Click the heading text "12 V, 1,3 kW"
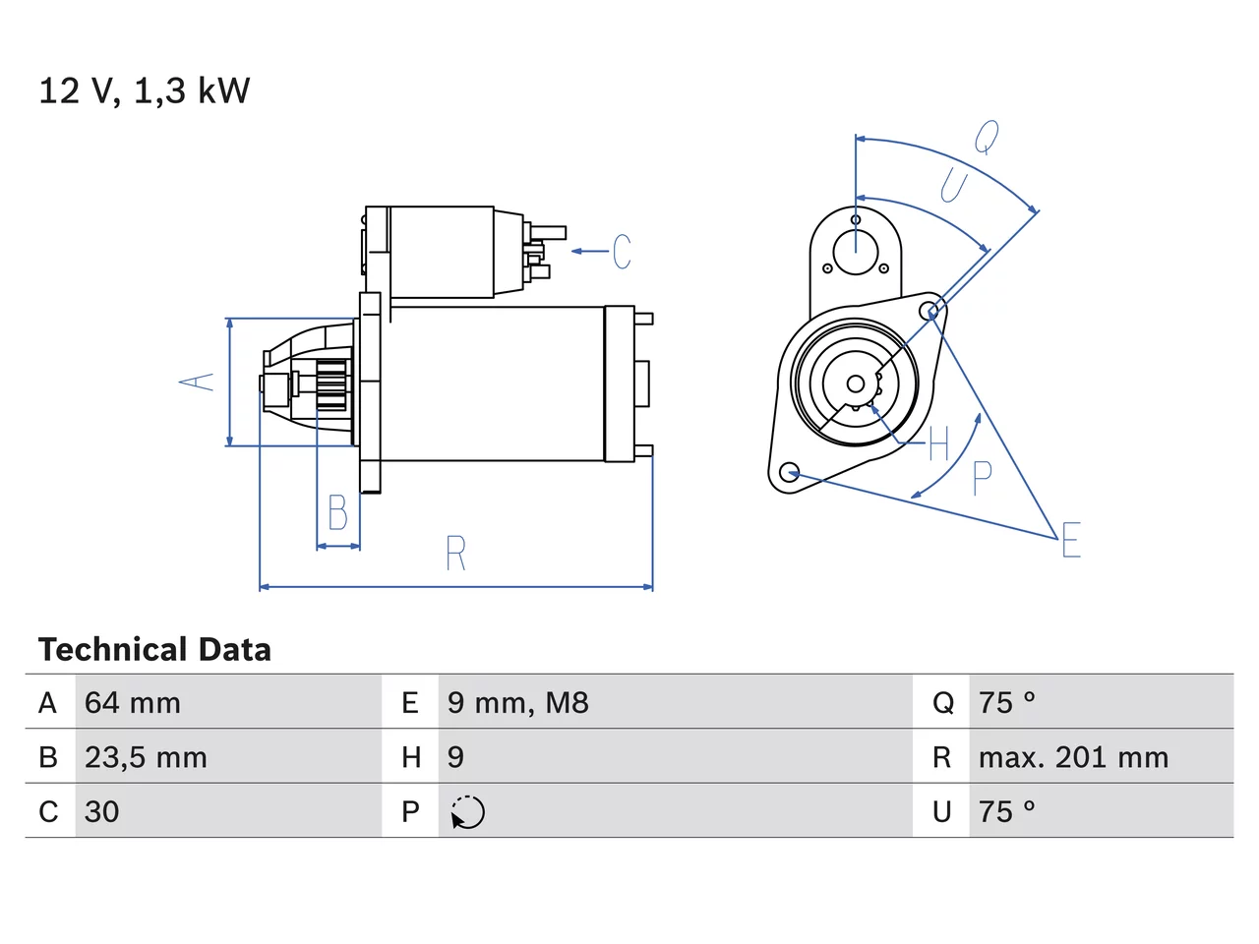tap(144, 91)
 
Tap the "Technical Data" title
tap(154, 649)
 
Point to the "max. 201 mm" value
tap(1073, 757)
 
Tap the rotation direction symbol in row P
tap(467, 812)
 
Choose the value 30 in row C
tap(101, 811)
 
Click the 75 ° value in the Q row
tap(1006, 703)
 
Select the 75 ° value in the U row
tap(1006, 811)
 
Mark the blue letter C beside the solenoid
tap(622, 251)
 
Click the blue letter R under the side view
tap(456, 553)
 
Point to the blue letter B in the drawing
tap(337, 512)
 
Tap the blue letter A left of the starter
tap(196, 382)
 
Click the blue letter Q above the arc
tap(987, 137)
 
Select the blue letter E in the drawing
tap(1071, 539)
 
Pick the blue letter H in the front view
tap(939, 443)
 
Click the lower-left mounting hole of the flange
tap(789, 472)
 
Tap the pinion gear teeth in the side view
tap(332, 384)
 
